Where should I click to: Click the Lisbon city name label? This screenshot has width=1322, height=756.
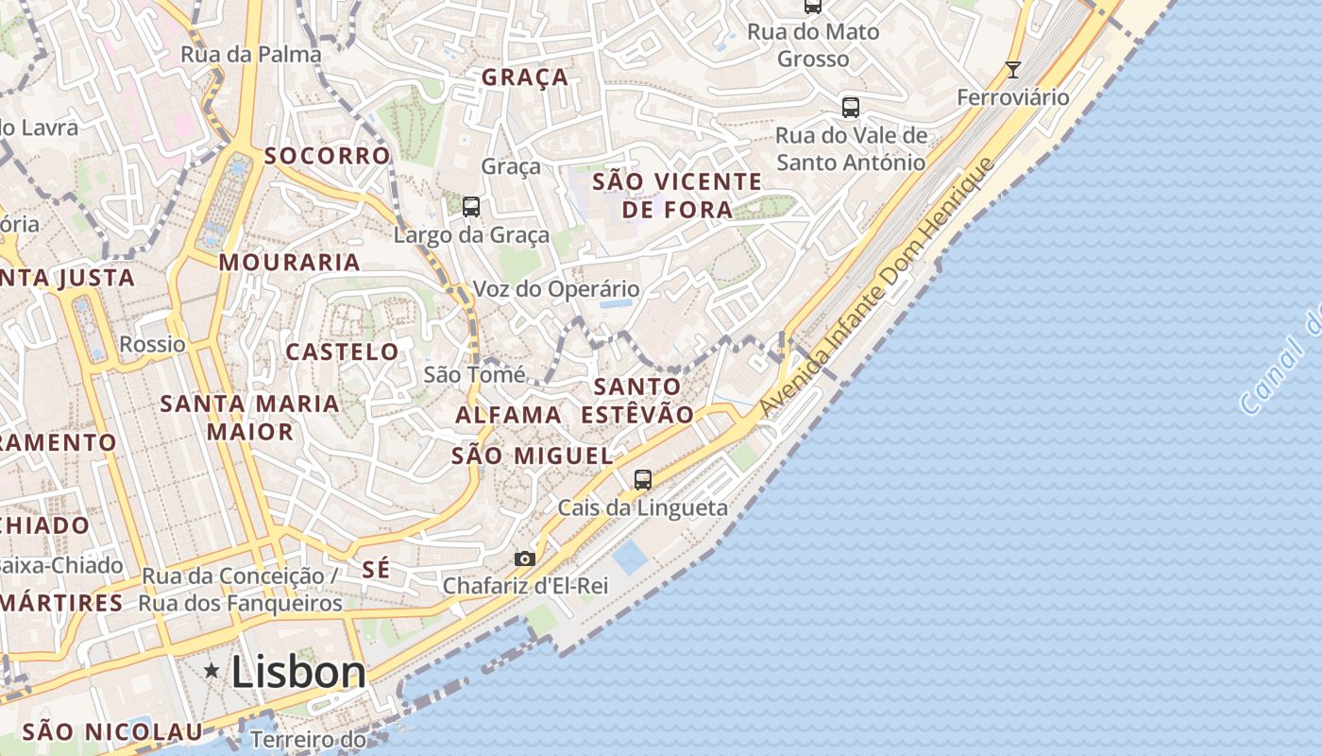(x=297, y=673)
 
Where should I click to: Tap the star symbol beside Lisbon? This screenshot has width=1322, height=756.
(x=212, y=671)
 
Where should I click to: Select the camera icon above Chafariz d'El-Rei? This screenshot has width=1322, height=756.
(x=525, y=558)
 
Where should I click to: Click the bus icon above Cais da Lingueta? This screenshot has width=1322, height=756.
(x=643, y=479)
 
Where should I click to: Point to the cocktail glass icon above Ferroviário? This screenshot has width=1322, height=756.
(x=1013, y=69)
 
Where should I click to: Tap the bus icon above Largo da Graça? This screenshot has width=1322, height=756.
(x=470, y=206)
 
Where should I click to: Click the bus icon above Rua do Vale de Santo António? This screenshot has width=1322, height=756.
(x=851, y=107)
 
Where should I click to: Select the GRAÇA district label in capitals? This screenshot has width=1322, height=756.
(x=525, y=77)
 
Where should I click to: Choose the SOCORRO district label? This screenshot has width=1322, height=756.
(x=327, y=155)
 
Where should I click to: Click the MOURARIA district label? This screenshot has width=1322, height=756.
(x=290, y=262)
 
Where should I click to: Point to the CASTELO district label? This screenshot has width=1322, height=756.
(x=343, y=352)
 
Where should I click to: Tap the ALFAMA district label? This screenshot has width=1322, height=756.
(x=508, y=415)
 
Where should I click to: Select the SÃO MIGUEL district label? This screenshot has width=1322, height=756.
(x=533, y=455)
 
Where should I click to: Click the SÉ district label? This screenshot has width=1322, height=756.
(x=376, y=569)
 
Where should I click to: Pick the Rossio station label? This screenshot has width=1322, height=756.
(x=153, y=344)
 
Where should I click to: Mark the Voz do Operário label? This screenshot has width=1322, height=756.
(x=556, y=289)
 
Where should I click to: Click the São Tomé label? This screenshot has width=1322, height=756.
(x=474, y=374)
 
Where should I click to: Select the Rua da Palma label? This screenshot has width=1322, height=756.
(x=251, y=54)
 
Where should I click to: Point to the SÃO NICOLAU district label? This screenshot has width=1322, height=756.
(x=112, y=730)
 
